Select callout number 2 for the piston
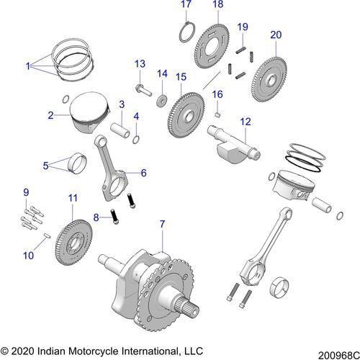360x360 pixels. tap(51, 114)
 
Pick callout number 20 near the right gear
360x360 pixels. tap(275, 34)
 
